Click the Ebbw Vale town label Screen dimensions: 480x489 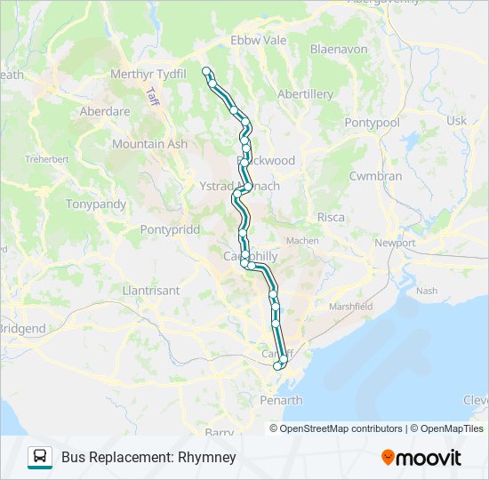[x=259, y=40]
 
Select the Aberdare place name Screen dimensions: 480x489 [x=105, y=112]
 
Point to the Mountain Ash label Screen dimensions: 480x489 [x=149, y=143]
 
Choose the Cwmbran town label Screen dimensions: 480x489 [x=375, y=176]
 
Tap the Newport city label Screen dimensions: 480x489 [x=395, y=243]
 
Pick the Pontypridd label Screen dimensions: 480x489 [x=173, y=228]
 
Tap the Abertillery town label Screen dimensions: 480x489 [x=305, y=93]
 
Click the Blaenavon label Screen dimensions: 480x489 [x=339, y=50]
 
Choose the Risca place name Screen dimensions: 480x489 [x=330, y=217]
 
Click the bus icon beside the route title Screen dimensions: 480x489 [x=40, y=458]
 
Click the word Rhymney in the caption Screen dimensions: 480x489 [x=206, y=458]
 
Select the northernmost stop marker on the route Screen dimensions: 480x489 [x=206, y=71]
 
